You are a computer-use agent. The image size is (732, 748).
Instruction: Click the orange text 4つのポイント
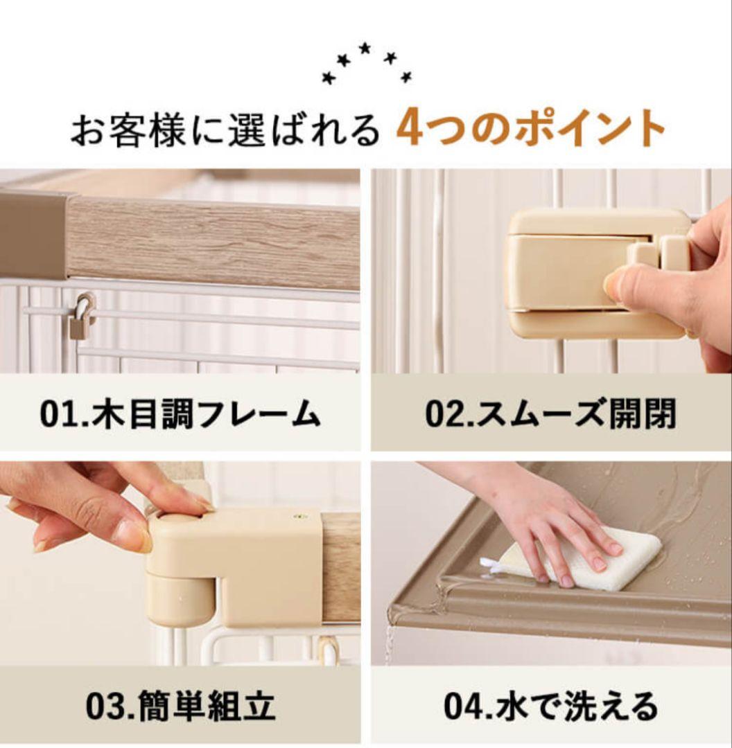tap(530, 128)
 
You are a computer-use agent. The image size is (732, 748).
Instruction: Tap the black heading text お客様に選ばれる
tap(225, 130)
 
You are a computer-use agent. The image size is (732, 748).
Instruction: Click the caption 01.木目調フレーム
tap(180, 413)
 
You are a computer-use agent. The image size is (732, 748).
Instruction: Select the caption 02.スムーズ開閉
tap(550, 413)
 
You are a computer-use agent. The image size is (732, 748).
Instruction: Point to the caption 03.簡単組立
tap(180, 706)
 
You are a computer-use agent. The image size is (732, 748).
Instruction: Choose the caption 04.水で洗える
tap(550, 706)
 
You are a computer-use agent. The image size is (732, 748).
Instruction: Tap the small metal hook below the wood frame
tap(82, 317)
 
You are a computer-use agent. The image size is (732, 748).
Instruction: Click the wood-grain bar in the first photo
tap(208, 242)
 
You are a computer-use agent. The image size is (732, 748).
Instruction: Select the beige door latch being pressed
tap(582, 274)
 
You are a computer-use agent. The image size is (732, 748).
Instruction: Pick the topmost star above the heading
tap(365, 47)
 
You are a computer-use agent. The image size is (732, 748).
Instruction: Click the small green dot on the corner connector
tap(299, 516)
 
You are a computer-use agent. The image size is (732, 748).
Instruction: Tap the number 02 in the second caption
tap(442, 414)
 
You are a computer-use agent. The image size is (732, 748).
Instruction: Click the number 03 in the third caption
tap(103, 706)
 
